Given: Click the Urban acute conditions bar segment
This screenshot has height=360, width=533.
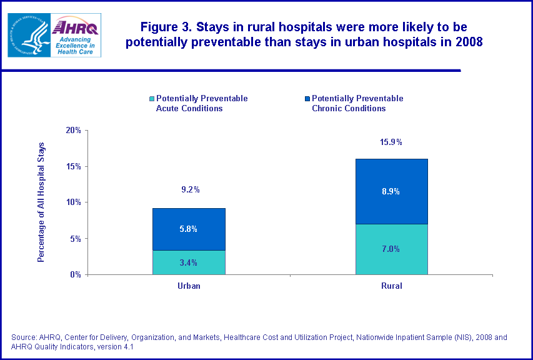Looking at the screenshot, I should (x=189, y=262).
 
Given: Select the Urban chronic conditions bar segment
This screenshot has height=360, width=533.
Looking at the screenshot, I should (x=189, y=229).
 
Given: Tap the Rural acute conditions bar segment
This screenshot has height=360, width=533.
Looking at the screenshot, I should (x=391, y=249).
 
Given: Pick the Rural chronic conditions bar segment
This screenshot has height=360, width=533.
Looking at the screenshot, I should (x=391, y=191).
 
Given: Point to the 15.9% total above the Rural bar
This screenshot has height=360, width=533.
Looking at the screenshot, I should (x=391, y=142).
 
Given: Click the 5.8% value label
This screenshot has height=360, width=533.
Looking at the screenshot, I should (x=189, y=229).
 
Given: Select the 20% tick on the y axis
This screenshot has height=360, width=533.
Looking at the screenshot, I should (x=74, y=130).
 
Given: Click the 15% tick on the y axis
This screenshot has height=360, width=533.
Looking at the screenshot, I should (x=74, y=166).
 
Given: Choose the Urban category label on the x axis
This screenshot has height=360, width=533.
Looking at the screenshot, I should (x=189, y=286).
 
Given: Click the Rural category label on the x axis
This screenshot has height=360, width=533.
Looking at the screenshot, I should (x=391, y=286).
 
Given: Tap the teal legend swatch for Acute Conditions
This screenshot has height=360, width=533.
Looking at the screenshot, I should (x=151, y=99).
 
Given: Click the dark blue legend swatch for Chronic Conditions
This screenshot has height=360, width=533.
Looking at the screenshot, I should (x=307, y=99).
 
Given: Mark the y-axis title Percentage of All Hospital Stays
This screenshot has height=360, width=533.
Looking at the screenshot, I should (x=41, y=202).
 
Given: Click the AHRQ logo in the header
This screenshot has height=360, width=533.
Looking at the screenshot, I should (x=76, y=35).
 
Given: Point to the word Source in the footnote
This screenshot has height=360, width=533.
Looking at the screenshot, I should (x=24, y=337).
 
